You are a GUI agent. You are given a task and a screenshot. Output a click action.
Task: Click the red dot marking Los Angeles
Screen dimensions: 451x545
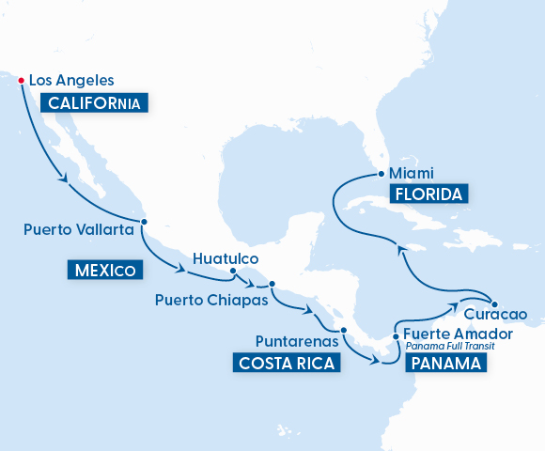[21, 80]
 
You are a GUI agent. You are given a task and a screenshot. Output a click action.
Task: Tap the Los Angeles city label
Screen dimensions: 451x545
[71, 81]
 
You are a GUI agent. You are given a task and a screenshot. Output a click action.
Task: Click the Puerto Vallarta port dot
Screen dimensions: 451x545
[144, 223]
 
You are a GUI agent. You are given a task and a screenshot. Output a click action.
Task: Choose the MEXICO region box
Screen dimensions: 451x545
[105, 271]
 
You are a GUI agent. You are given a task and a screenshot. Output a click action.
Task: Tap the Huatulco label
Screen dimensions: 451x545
[225, 257]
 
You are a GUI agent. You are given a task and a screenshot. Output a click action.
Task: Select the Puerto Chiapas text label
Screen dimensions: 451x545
[211, 302]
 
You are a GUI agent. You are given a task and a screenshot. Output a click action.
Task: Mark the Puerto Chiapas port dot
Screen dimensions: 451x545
[272, 284]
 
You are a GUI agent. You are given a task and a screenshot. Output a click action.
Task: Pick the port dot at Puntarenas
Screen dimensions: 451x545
[344, 330]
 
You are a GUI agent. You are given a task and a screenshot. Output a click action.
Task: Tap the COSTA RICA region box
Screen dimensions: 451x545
[286, 363]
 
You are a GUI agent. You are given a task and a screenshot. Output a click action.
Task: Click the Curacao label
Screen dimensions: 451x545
[490, 314]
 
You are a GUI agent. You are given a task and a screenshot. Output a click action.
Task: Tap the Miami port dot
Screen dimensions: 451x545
[380, 174]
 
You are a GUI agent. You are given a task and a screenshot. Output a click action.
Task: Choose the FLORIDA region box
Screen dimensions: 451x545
[428, 194]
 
